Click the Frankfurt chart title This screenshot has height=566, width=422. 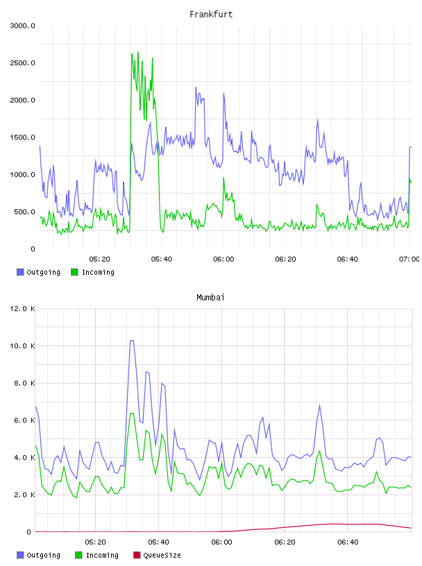coord(211,15)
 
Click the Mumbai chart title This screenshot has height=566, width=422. coord(210,298)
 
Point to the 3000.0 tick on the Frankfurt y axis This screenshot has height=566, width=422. coord(22,26)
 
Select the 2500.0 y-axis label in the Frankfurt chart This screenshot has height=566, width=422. coord(22,63)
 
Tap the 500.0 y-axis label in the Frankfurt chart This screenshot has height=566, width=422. coord(24,212)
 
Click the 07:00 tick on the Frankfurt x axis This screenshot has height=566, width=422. coord(409,259)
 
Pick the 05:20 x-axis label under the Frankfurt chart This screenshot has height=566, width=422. coord(100,259)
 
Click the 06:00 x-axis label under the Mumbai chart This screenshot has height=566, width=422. coord(221,542)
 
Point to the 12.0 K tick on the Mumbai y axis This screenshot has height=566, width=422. coord(22,309)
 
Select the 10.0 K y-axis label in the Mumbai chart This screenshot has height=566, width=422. coord(22,346)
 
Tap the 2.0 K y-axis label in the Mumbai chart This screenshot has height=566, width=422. coord(24,495)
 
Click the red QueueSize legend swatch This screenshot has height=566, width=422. coord(137,555)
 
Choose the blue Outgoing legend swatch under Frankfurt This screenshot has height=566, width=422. coord(20,272)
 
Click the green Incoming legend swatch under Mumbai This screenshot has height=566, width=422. coord(78,555)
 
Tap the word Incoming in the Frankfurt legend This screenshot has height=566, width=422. coord(98,273)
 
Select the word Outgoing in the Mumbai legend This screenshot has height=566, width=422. coord(43,556)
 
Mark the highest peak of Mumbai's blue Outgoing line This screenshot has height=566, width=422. coord(132,341)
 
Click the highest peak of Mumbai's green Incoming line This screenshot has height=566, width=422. coord(132,413)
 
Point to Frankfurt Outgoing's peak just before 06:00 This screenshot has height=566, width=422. coord(196,87)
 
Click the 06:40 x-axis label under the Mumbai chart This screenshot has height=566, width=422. coord(348,542)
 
